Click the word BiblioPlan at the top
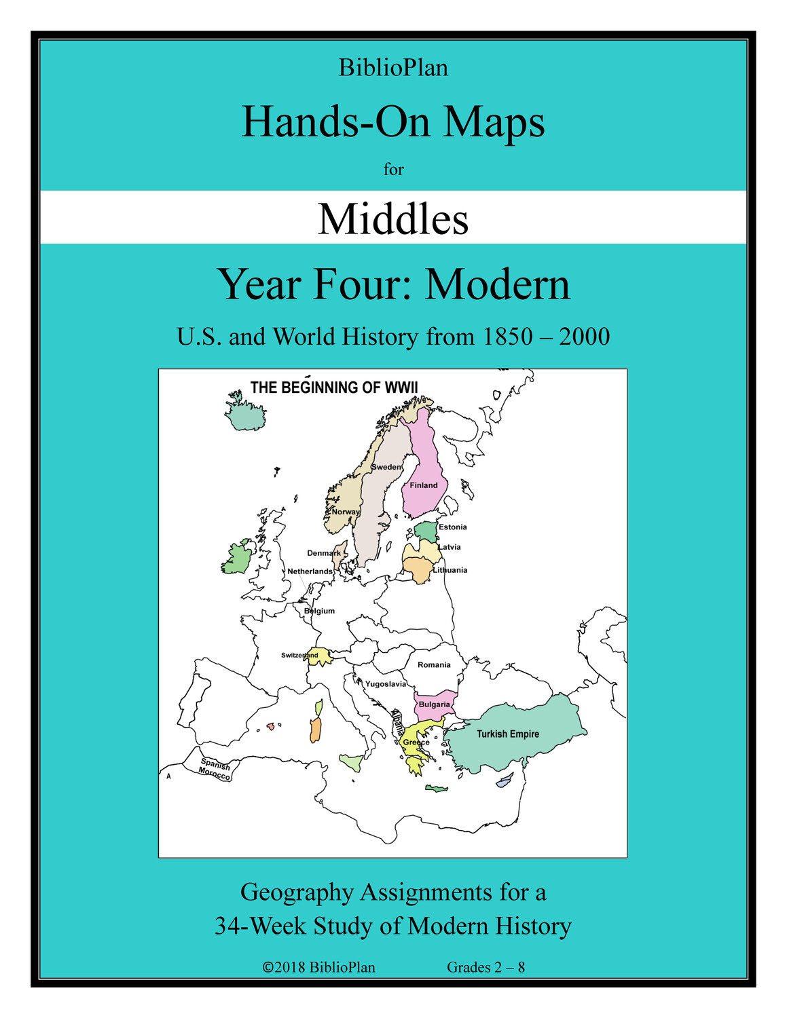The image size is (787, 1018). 393,68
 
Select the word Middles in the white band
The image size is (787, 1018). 393,219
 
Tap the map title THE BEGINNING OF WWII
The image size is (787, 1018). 334,388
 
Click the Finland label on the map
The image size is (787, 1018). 424,485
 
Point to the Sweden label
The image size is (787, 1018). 386,467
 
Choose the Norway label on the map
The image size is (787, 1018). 346,512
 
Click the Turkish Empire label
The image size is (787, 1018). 508,734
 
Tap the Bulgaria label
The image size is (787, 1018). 435,704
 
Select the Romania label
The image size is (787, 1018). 434,665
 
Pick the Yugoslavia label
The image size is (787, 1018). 386,684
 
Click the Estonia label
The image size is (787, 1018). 453,527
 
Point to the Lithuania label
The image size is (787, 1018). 451,570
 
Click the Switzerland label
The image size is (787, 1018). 299,656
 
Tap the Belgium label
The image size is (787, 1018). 319,611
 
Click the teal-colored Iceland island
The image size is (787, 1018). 246,415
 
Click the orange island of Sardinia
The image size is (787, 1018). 315,730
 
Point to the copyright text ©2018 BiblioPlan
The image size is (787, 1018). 319,967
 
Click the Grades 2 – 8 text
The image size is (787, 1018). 486,967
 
